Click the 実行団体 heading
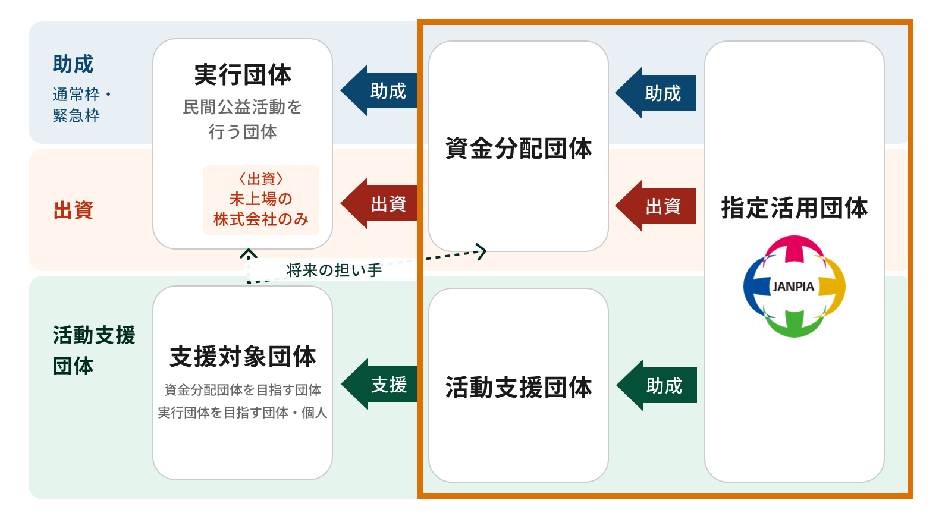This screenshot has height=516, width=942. pos(243,75)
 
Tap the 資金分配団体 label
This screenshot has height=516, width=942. pos(518,148)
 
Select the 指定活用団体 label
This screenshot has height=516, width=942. pos(794,208)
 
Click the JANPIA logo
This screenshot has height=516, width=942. pos(794,287)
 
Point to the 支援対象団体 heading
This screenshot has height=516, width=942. pos(243,357)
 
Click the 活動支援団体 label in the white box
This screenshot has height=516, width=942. pos(518,388)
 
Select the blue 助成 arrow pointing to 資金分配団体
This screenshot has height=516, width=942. pos(656,93)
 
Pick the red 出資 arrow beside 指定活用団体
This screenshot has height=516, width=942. pos(656,206)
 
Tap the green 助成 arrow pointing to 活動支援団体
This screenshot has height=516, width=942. pos(657,385)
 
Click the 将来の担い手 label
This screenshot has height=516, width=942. pos(334,270)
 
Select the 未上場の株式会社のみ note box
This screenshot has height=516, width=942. pos(261,200)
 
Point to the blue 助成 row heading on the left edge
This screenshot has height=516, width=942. pos(73,64)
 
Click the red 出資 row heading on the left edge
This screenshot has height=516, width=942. pos(73,210)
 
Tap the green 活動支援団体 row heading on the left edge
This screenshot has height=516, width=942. pos(93,350)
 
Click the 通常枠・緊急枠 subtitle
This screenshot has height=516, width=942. pos(80,105)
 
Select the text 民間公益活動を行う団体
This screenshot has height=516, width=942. pos(243,119)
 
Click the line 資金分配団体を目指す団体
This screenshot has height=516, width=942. pos(243,390)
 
